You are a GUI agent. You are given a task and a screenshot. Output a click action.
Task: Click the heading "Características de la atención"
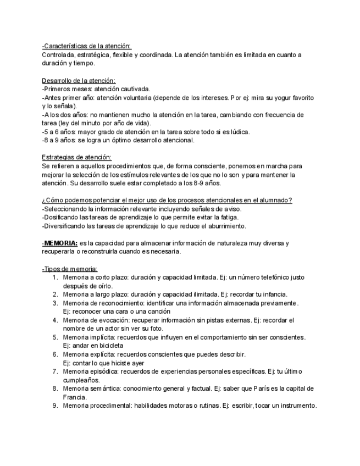87,46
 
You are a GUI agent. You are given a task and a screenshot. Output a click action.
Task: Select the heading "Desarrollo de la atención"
79,80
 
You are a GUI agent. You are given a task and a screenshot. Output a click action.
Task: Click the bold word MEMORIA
60,243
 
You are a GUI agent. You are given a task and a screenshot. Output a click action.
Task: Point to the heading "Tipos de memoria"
69,269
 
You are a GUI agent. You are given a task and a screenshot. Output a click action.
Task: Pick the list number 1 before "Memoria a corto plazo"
56,278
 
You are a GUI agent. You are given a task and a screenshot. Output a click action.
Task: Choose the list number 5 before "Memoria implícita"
56,337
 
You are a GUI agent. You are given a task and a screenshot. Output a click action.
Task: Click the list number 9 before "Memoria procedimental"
56,406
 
